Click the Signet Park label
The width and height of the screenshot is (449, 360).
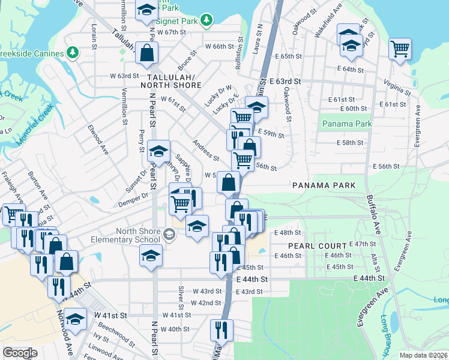(181, 21)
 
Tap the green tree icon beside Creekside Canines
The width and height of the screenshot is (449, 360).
(73, 53)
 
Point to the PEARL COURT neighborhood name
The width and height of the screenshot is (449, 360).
(317, 246)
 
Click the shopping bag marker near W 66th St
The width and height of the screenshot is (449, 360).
(146, 53)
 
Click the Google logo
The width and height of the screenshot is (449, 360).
(20, 353)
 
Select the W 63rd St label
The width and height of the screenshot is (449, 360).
(124, 76)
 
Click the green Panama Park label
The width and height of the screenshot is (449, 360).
(346, 124)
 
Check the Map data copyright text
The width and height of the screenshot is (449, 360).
(423, 355)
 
